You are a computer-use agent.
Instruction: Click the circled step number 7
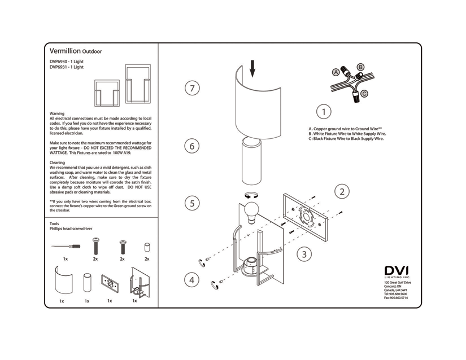193,89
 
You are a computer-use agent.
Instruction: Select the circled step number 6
193,146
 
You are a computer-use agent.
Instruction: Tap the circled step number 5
193,203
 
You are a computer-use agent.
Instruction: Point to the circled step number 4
192,280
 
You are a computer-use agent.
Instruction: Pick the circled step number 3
304,254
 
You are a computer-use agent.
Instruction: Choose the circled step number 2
342,191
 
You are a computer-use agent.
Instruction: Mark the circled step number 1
323,112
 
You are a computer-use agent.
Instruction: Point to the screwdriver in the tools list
66,247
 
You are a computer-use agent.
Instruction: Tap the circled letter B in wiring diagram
361,67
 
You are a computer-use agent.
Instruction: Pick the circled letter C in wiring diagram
365,93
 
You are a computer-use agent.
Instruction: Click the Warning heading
57,113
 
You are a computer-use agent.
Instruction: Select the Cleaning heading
58,163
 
